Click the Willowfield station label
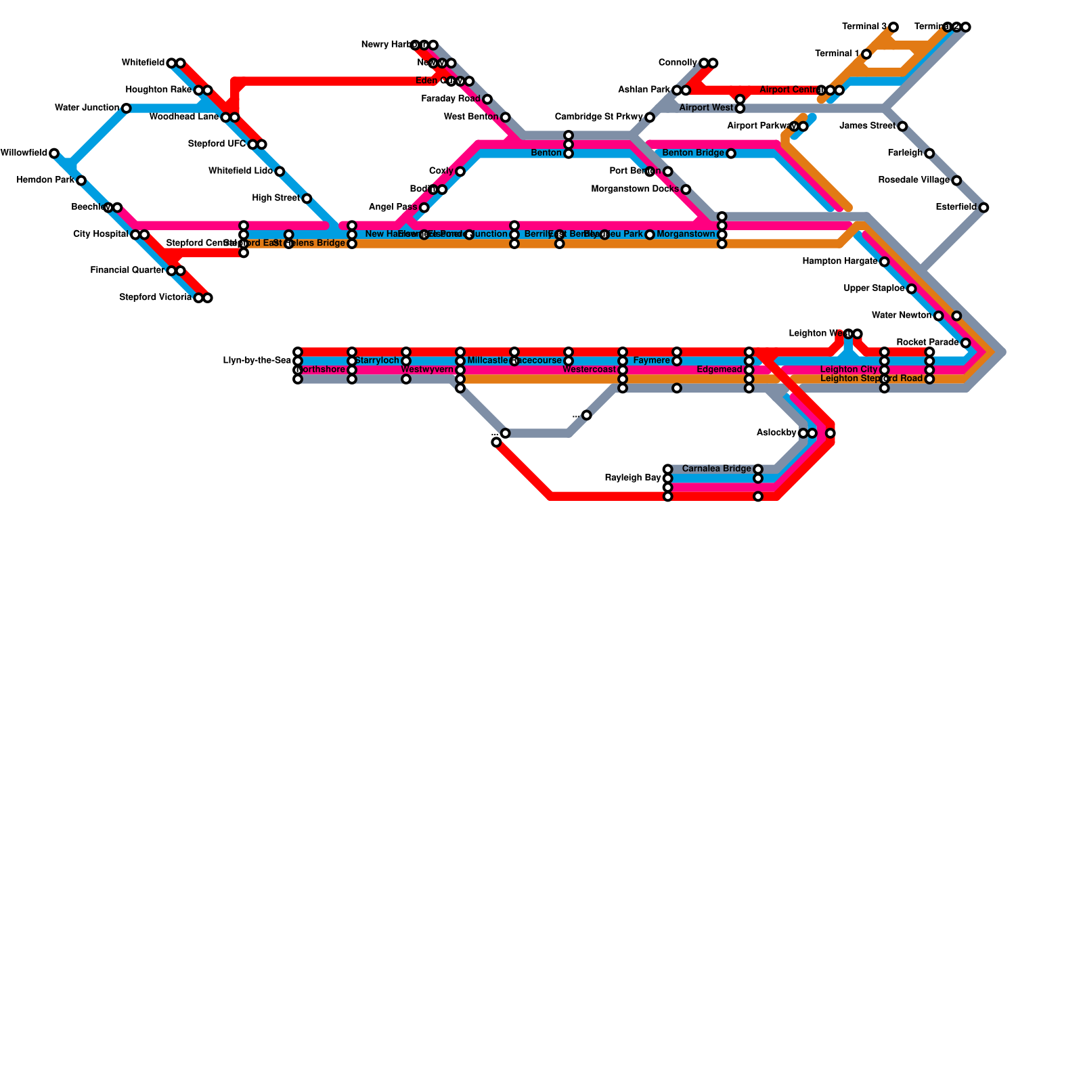[24, 153]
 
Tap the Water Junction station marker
[126, 108]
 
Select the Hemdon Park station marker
[81, 181]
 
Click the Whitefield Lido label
[240, 171]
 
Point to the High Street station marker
[307, 198]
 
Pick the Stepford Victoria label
[155, 298]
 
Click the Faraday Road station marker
[487, 100]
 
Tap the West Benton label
[471, 117]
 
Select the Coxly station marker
[460, 171]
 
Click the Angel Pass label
[393, 207]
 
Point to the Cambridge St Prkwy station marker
[650, 118]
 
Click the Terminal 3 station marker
[893, 27]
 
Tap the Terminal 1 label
[837, 53]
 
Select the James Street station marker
[902, 127]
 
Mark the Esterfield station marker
[983, 208]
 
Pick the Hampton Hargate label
[839, 261]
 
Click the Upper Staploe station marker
[912, 289]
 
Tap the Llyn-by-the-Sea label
[257, 361]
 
